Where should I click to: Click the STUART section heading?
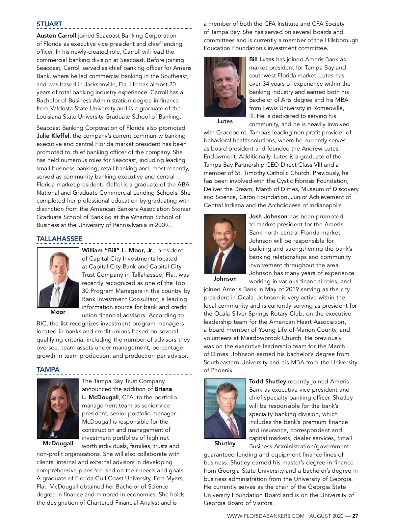point(49,24)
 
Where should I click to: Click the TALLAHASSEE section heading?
point(60,239)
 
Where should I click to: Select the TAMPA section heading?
point(48,370)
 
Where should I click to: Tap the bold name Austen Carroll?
point(56,36)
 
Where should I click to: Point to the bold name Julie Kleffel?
point(53,136)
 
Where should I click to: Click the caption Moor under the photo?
point(58,312)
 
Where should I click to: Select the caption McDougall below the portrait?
point(58,443)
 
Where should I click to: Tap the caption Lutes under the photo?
point(225,121)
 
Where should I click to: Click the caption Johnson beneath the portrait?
point(225,279)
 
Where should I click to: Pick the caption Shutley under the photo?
point(225,443)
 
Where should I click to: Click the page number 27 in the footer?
point(355,516)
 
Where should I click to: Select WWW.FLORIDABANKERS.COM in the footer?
point(266,516)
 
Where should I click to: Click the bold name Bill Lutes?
point(262,59)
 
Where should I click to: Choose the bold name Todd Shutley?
point(268,381)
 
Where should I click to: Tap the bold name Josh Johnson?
point(268,216)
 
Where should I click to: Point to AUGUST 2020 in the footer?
point(326,516)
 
